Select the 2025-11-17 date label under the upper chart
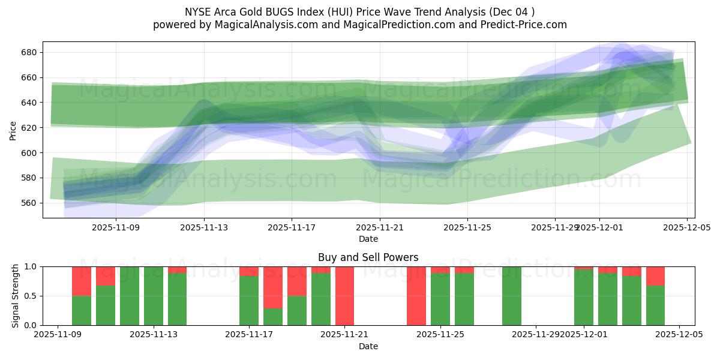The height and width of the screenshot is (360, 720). pos(291,227)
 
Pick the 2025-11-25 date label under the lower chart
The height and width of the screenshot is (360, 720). pos(440,335)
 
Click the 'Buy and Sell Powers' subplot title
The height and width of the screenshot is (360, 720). pos(368,257)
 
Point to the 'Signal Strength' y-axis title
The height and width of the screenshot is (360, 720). pos(16,296)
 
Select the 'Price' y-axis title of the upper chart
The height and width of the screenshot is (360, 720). pos(13,130)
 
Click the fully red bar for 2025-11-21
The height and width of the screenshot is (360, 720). pos(344,296)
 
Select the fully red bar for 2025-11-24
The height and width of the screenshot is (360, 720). pos(416,296)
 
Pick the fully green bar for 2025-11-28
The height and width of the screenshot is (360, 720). pos(512,296)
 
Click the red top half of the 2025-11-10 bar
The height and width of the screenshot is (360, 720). pos(82,281)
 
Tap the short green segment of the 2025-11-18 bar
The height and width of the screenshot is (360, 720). pos(273,317)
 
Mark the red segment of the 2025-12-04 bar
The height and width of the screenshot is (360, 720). pos(655,276)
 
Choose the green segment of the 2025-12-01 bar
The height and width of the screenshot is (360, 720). pos(584,298)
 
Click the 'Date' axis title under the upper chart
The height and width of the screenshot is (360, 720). pos(368,239)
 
